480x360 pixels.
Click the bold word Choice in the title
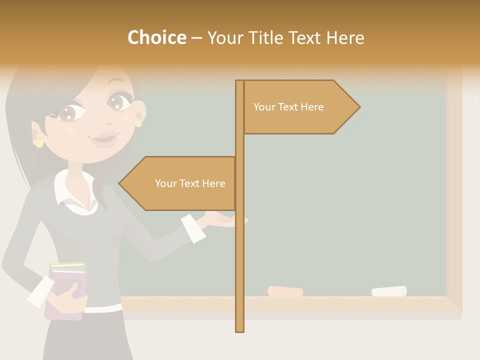(x=156, y=37)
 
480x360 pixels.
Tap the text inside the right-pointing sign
(x=288, y=107)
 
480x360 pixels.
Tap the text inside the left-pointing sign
(x=190, y=183)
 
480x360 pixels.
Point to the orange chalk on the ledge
(x=285, y=291)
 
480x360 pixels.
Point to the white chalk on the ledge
(x=389, y=291)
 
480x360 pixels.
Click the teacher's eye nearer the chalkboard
(x=118, y=101)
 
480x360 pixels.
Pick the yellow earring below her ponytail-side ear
(x=39, y=143)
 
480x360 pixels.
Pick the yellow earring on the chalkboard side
(x=138, y=123)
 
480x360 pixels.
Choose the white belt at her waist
(x=102, y=308)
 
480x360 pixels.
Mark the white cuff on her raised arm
(x=193, y=228)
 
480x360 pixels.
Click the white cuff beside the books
(x=40, y=292)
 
